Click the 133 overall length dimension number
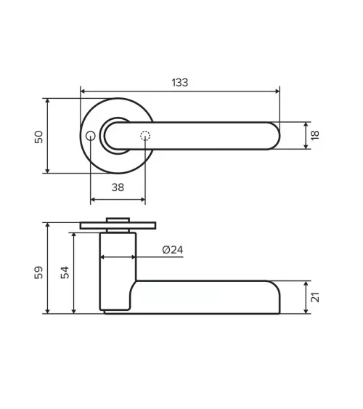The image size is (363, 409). point(180,82)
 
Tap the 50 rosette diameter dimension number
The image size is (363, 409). point(38,137)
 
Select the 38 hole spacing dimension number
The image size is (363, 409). point(118,187)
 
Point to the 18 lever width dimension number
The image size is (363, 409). point(315,135)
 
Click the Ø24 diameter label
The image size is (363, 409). point(173,250)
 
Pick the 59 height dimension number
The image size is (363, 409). point(38,272)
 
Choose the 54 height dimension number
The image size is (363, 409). point(65,272)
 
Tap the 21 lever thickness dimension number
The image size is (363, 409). point(315,297)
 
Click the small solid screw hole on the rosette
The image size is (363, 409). point(91,136)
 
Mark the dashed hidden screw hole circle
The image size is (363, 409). point(145,136)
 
